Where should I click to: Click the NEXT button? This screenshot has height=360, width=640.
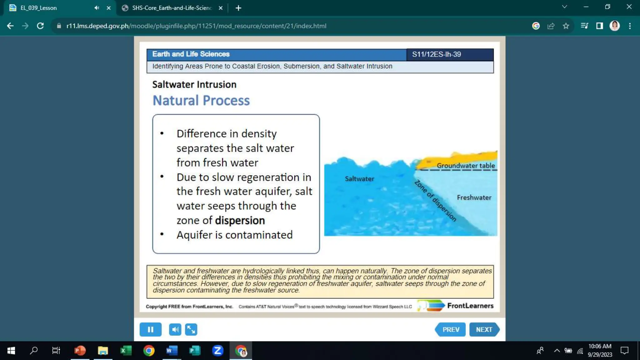click(x=484, y=329)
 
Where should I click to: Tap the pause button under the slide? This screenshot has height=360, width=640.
click(x=150, y=329)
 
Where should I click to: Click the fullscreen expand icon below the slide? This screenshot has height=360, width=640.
click(x=191, y=329)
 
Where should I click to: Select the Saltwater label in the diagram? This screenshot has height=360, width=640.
click(x=359, y=179)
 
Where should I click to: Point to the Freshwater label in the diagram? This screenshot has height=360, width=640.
click(x=474, y=197)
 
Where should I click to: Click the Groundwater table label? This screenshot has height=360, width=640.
click(x=466, y=166)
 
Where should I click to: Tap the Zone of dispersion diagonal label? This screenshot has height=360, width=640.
click(x=435, y=201)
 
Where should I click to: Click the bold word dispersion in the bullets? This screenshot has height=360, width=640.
click(x=240, y=221)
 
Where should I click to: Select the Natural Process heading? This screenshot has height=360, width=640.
click(x=201, y=101)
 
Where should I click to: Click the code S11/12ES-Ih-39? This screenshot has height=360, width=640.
click(x=436, y=54)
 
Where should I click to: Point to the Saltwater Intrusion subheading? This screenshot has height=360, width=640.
click(x=194, y=84)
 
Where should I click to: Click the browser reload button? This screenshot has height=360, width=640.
click(x=40, y=26)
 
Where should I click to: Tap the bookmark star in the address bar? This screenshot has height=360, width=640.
click(x=566, y=26)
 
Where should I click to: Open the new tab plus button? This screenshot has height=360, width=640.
click(x=238, y=8)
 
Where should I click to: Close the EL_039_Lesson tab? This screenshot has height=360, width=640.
click(x=108, y=8)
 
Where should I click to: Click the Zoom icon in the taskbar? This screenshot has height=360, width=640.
click(x=217, y=351)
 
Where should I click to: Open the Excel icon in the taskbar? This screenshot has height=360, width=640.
click(x=126, y=351)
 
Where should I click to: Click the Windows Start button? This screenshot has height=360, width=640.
click(x=11, y=351)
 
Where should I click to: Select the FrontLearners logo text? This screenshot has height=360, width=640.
click(x=470, y=306)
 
